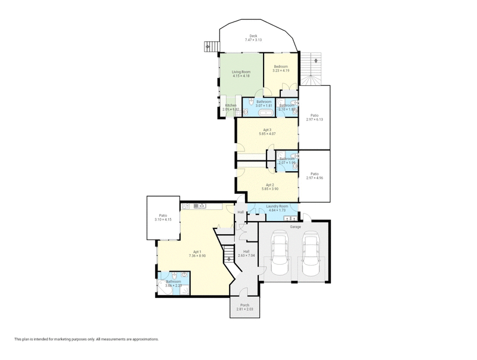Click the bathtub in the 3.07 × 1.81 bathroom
coord(266,112)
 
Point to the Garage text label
coord(295,227)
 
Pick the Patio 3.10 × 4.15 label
coord(163,218)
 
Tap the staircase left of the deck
coord(208,46)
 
